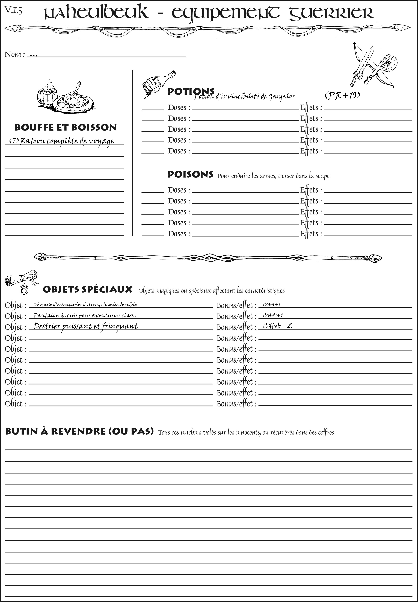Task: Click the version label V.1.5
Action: [x=13, y=10]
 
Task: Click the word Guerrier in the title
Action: [x=331, y=14]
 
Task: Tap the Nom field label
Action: [x=14, y=54]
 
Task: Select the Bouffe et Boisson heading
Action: [x=66, y=127]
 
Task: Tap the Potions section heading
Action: [x=191, y=92]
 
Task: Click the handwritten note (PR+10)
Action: [x=342, y=96]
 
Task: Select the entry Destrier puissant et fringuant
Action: [x=86, y=326]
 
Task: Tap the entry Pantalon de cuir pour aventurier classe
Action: [x=85, y=315]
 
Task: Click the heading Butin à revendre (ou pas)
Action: [x=79, y=431]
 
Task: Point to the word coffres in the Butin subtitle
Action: [x=326, y=432]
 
